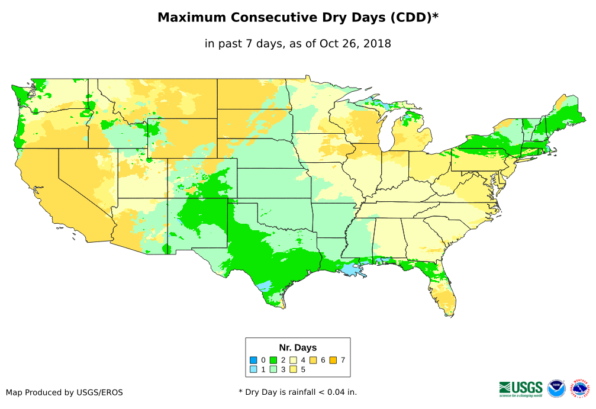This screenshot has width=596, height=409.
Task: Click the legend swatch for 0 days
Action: (x=253, y=360)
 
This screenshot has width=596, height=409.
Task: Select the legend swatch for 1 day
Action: (x=253, y=369)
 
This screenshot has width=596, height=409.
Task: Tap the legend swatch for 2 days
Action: (x=273, y=360)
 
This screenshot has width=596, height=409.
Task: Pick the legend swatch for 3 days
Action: (x=273, y=369)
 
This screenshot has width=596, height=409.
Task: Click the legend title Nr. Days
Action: (x=298, y=347)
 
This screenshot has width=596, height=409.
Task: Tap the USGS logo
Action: (x=521, y=388)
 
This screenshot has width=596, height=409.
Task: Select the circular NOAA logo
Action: (x=556, y=388)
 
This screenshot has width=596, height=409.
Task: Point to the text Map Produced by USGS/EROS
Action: (x=65, y=392)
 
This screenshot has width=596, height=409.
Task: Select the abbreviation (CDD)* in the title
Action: (x=413, y=18)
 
